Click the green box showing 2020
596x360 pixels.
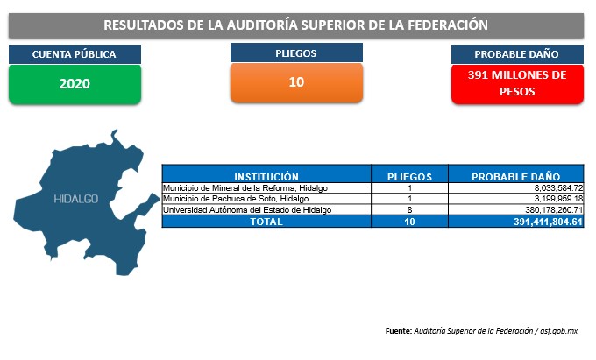click(x=74, y=84)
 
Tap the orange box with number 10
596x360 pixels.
click(x=296, y=82)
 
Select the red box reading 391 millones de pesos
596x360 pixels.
click(x=517, y=84)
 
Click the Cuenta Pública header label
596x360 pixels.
click(x=74, y=54)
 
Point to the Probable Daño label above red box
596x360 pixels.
click(x=517, y=54)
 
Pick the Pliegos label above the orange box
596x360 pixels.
click(x=296, y=53)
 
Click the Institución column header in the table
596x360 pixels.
click(x=266, y=177)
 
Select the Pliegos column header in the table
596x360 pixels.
click(x=410, y=177)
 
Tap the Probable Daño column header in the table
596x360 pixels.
click(x=515, y=177)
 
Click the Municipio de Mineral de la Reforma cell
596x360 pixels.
click(x=245, y=188)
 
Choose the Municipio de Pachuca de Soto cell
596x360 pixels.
click(x=236, y=199)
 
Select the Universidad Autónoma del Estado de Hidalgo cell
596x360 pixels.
click(x=247, y=210)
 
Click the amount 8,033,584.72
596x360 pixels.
click(x=558, y=188)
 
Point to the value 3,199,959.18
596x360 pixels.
click(x=558, y=199)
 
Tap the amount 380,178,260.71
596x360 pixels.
click(x=554, y=210)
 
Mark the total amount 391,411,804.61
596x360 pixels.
click(x=548, y=222)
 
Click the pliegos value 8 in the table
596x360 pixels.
click(x=410, y=210)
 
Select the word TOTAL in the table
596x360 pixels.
click(x=266, y=222)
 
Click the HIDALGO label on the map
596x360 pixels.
click(x=76, y=199)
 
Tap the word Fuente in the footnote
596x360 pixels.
click(x=398, y=331)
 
